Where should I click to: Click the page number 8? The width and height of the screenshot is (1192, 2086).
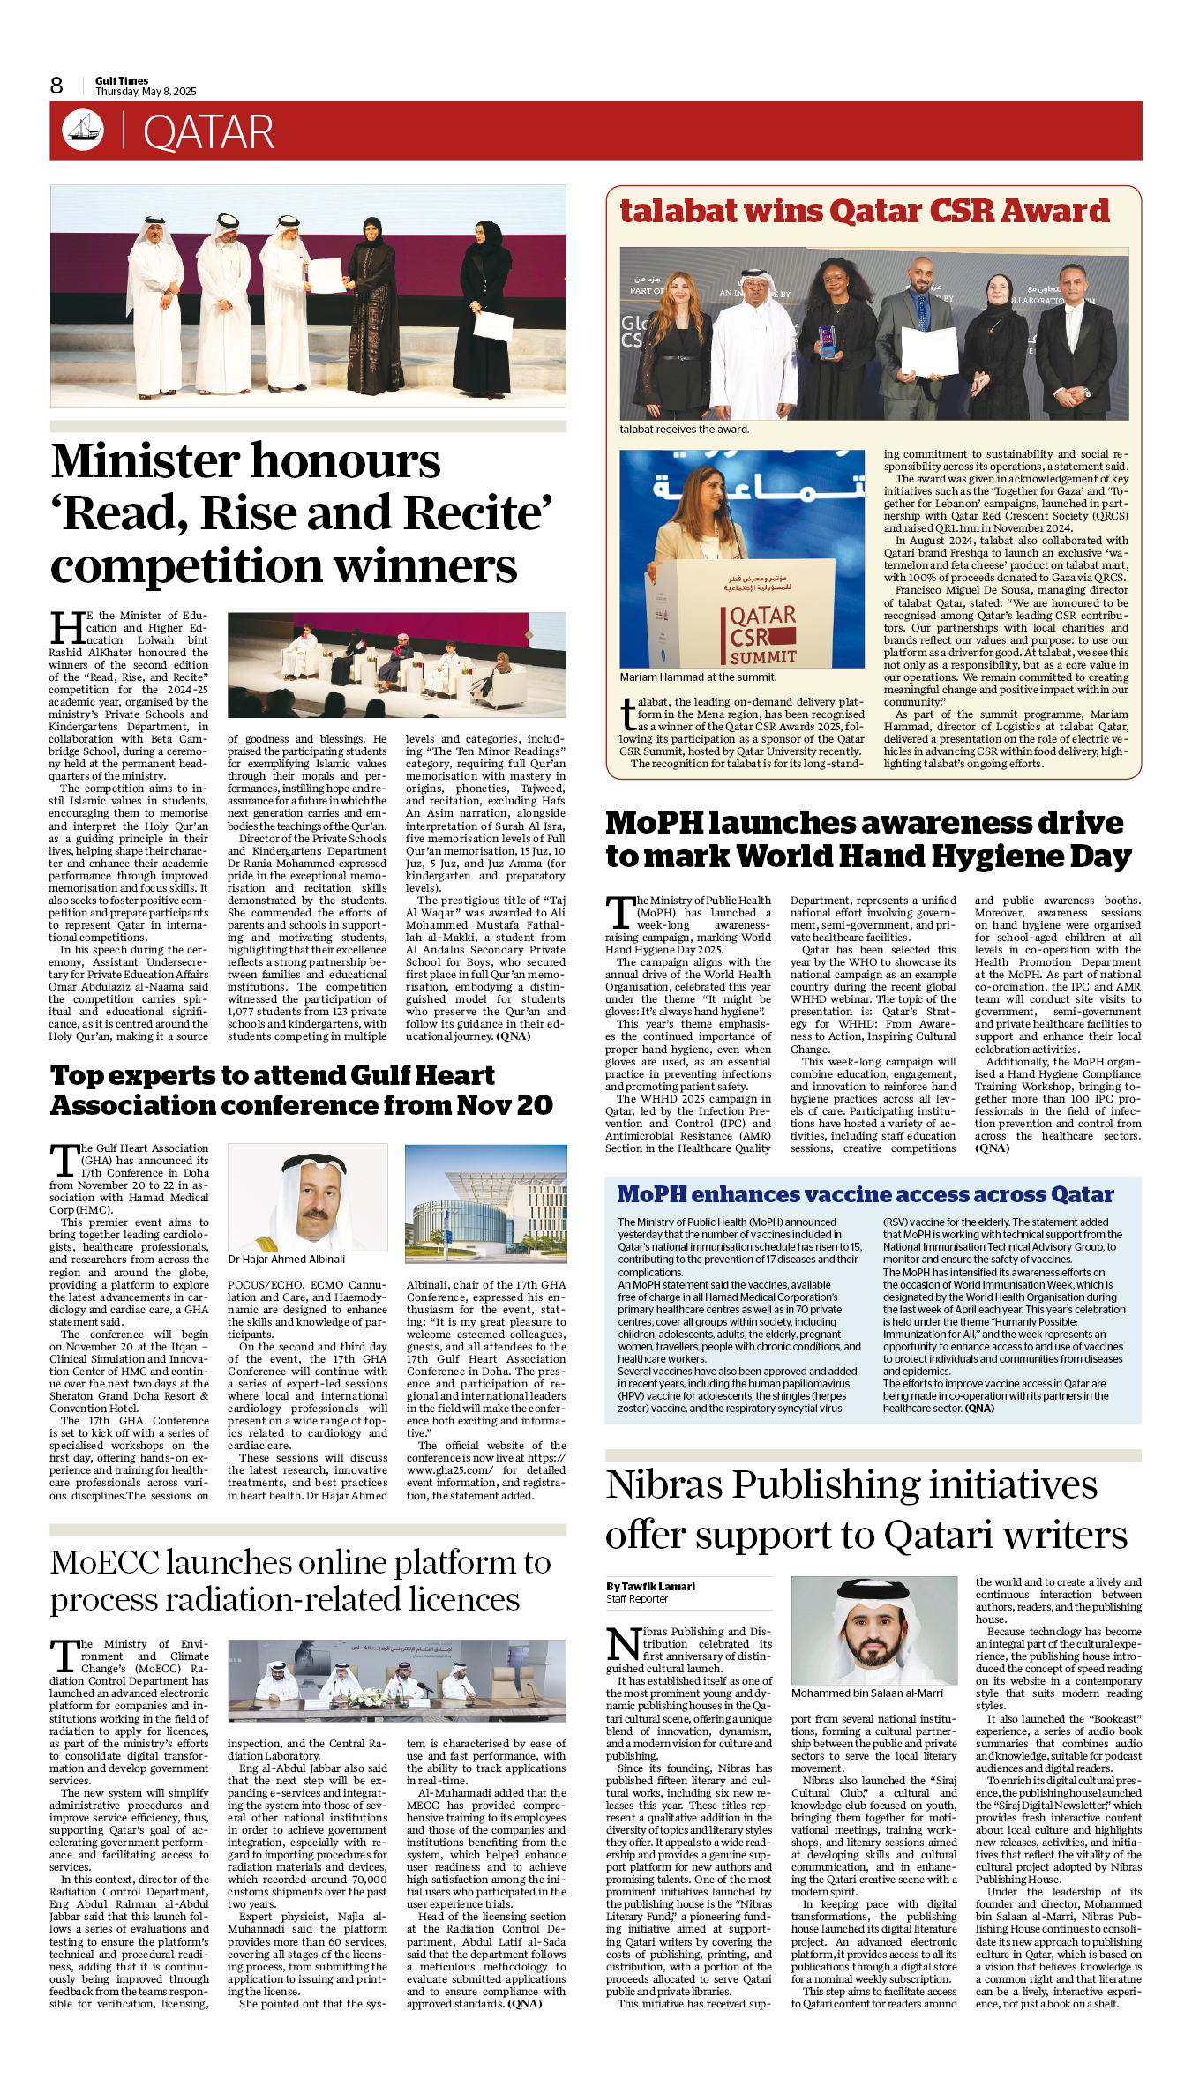pyautogui.click(x=56, y=85)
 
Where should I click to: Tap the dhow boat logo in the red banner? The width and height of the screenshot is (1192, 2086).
pyautogui.click(x=83, y=131)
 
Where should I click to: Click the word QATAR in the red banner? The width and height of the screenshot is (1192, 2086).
pyautogui.click(x=208, y=132)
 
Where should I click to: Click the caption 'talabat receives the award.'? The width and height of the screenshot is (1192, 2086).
pyautogui.click(x=684, y=430)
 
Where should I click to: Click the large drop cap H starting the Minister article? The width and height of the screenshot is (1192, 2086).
pyautogui.click(x=67, y=628)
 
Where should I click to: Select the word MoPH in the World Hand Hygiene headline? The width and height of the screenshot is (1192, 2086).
pyautogui.click(x=653, y=823)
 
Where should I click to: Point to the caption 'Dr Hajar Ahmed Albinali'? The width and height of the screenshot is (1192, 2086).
pyautogui.click(x=287, y=1260)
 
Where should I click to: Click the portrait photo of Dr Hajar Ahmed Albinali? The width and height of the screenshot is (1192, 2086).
pyautogui.click(x=307, y=1197)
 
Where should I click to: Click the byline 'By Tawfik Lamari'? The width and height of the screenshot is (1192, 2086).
pyautogui.click(x=650, y=1586)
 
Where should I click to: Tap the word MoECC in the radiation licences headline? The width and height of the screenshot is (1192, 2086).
pyautogui.click(x=103, y=1562)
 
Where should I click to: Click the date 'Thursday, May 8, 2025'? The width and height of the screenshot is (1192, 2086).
pyautogui.click(x=146, y=92)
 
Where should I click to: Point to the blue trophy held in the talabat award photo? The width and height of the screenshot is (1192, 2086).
pyautogui.click(x=827, y=340)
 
